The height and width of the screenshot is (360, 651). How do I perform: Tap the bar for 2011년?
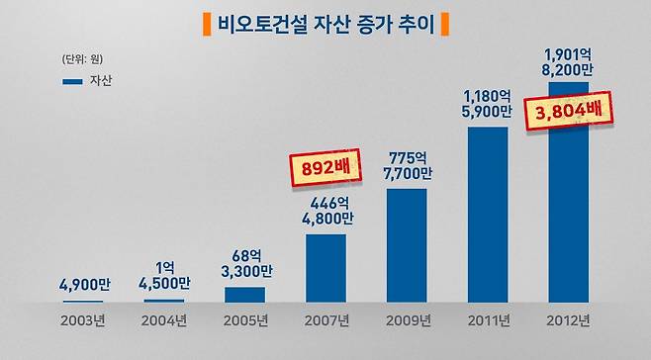coord(487,214)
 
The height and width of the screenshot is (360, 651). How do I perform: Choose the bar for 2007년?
coord(325,268)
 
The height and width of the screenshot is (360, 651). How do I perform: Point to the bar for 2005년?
coord(245,294)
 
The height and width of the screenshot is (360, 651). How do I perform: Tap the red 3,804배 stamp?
coord(567,112)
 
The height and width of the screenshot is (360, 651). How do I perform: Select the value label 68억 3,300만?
coord(245,262)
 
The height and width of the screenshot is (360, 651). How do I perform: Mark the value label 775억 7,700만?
coord(407,164)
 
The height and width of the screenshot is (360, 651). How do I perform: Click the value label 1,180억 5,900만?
coord(487,104)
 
